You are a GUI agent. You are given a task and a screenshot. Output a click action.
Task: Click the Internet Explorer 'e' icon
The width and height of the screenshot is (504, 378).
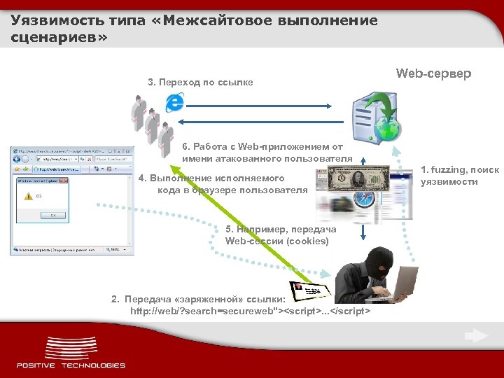coord(174,102)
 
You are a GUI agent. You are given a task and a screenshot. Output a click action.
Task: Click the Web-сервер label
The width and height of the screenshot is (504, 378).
coord(433,73)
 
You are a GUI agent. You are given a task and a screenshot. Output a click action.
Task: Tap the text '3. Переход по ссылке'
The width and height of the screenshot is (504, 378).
coord(200,83)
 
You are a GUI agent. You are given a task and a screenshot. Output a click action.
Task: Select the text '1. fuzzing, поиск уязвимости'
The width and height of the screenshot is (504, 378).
coord(459,176)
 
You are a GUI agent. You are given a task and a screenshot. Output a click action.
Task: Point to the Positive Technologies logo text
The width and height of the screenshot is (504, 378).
coord(71,365)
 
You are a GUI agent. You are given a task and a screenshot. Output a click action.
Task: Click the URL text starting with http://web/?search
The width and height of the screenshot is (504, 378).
coord(251,310)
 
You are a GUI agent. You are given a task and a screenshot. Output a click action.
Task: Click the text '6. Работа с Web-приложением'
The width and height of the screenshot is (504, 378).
coord(262,147)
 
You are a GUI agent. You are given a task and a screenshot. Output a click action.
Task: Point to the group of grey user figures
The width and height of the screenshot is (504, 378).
coord(151,122)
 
